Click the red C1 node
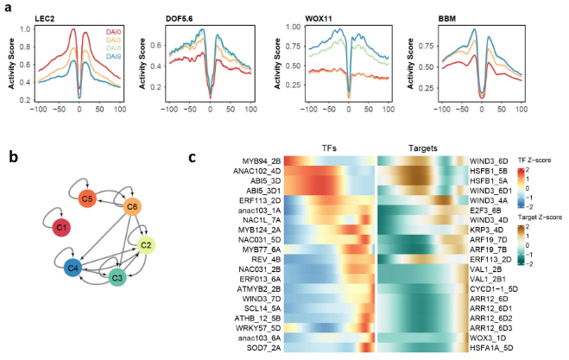tap(60, 227)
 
